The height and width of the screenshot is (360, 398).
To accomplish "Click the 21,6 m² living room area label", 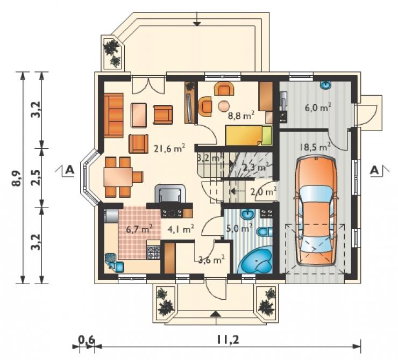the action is [169, 148].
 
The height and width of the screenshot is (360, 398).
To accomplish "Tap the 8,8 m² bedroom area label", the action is [241, 116].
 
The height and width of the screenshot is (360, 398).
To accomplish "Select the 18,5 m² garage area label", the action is [315, 147].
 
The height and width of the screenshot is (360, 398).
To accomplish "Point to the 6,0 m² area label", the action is [318, 107].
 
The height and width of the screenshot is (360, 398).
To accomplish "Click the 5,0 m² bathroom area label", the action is [239, 229].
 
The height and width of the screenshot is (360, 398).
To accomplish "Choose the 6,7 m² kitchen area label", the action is [139, 229].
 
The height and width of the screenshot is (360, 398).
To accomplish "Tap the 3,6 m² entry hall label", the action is [211, 259].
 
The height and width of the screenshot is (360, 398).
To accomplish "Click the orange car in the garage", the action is [316, 211].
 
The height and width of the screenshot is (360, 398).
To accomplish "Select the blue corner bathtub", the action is [255, 261].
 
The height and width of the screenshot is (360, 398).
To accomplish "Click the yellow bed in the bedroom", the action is [248, 135].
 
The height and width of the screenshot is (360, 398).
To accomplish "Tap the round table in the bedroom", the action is [224, 106].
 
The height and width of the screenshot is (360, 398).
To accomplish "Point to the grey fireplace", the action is [170, 193].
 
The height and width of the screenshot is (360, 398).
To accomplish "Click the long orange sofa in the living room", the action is [113, 116].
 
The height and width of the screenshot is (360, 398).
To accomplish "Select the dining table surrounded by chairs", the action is [118, 177].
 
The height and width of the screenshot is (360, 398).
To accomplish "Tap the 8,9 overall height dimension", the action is [17, 177].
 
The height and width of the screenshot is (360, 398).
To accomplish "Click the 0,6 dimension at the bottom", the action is [86, 339].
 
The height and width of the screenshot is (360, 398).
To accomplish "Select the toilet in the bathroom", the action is [264, 231].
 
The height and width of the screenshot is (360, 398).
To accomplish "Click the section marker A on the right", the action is [374, 170].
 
